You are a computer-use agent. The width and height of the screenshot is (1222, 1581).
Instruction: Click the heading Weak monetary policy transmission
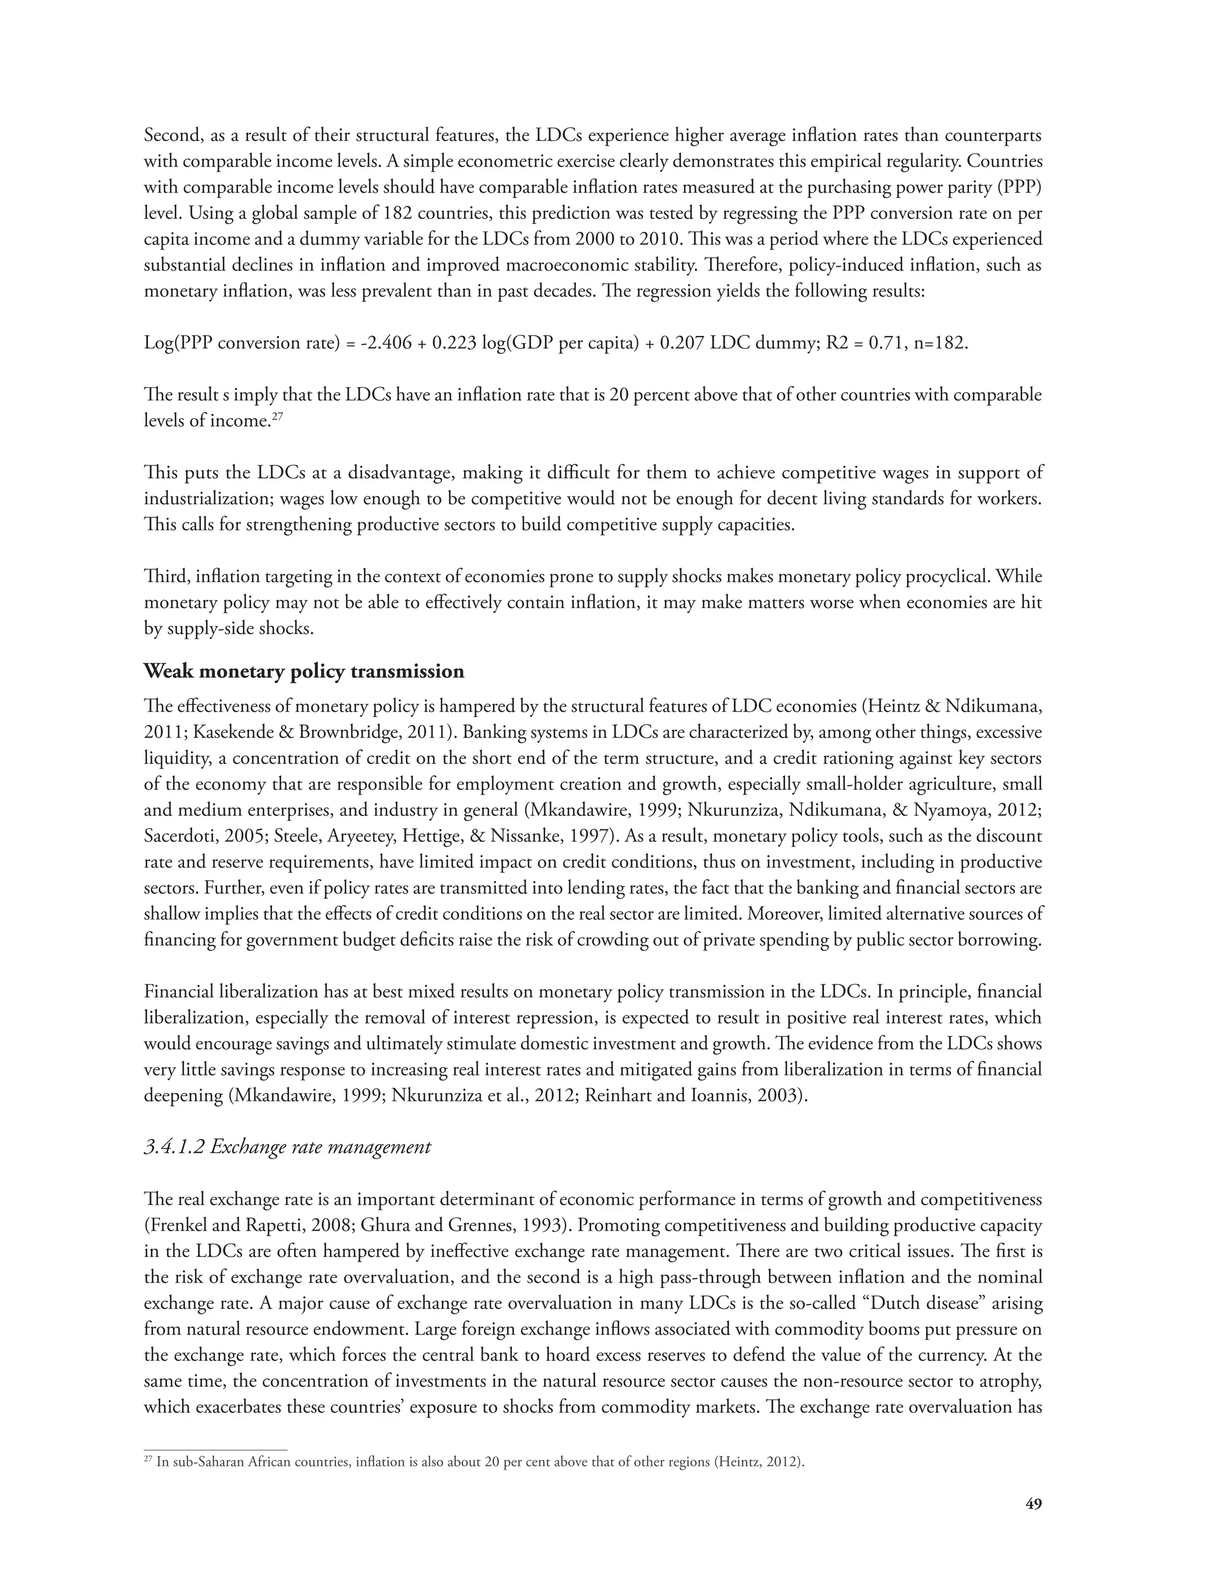pos(304,672)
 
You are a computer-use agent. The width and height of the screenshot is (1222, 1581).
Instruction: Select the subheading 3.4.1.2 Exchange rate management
pos(288,1147)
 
